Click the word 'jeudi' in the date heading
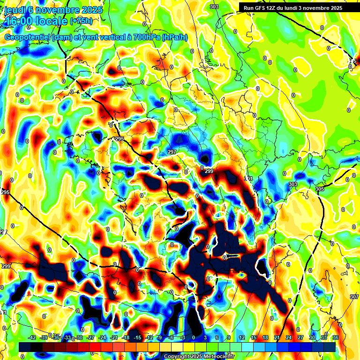(x=14, y=10)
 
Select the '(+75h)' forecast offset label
(x=81, y=21)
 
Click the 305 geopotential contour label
(x=320, y=189)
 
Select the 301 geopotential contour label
(x=248, y=179)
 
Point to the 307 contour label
(x=354, y=297)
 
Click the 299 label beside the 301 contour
(x=209, y=172)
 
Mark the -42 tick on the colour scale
(x=32, y=337)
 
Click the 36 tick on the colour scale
(x=335, y=337)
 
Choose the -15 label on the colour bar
(x=137, y=337)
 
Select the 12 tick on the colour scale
(x=242, y=337)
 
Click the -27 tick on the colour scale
(x=91, y=337)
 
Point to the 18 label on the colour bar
(x=265, y=337)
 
